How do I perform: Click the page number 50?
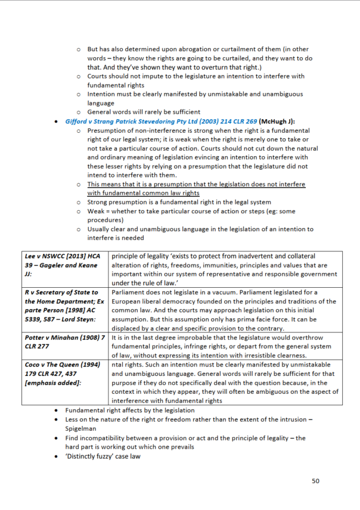click(315, 481)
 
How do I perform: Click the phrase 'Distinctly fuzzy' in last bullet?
click(91, 456)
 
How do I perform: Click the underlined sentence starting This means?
click(195, 185)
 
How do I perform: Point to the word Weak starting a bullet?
click(97, 212)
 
